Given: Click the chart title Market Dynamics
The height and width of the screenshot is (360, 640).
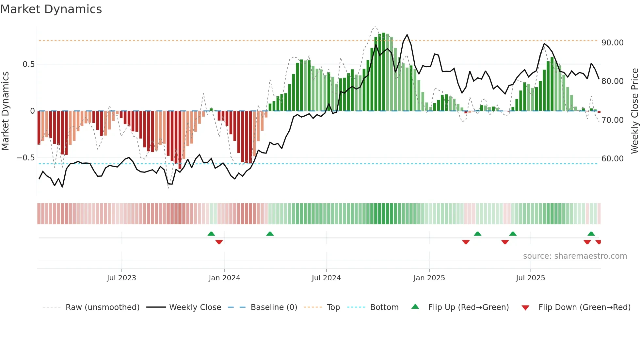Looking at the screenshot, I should (x=51, y=9).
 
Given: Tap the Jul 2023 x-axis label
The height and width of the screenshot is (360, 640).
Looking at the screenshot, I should (x=121, y=278).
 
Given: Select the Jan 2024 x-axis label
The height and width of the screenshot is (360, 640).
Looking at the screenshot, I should (x=224, y=278).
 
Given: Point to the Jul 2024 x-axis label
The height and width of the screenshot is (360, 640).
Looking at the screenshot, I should (x=326, y=278).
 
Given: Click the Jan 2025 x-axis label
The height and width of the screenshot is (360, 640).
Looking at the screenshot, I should (x=429, y=278).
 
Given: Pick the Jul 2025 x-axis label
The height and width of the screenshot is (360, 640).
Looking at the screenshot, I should (x=531, y=278).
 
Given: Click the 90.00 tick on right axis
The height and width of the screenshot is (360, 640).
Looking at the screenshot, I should (x=613, y=43).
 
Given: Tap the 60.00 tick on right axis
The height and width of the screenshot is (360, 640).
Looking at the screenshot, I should (x=613, y=159).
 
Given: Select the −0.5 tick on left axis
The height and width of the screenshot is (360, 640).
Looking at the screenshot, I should (x=25, y=158).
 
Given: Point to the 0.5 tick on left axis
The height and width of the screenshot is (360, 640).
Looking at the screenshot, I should (x=29, y=64).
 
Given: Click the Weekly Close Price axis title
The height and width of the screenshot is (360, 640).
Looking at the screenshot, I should (x=634, y=111).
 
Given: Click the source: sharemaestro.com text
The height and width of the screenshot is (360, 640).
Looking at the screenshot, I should (x=575, y=256).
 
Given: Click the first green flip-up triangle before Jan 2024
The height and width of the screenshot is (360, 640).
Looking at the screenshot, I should (x=211, y=234).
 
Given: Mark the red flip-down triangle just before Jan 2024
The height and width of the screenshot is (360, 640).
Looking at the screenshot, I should (x=219, y=242).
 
